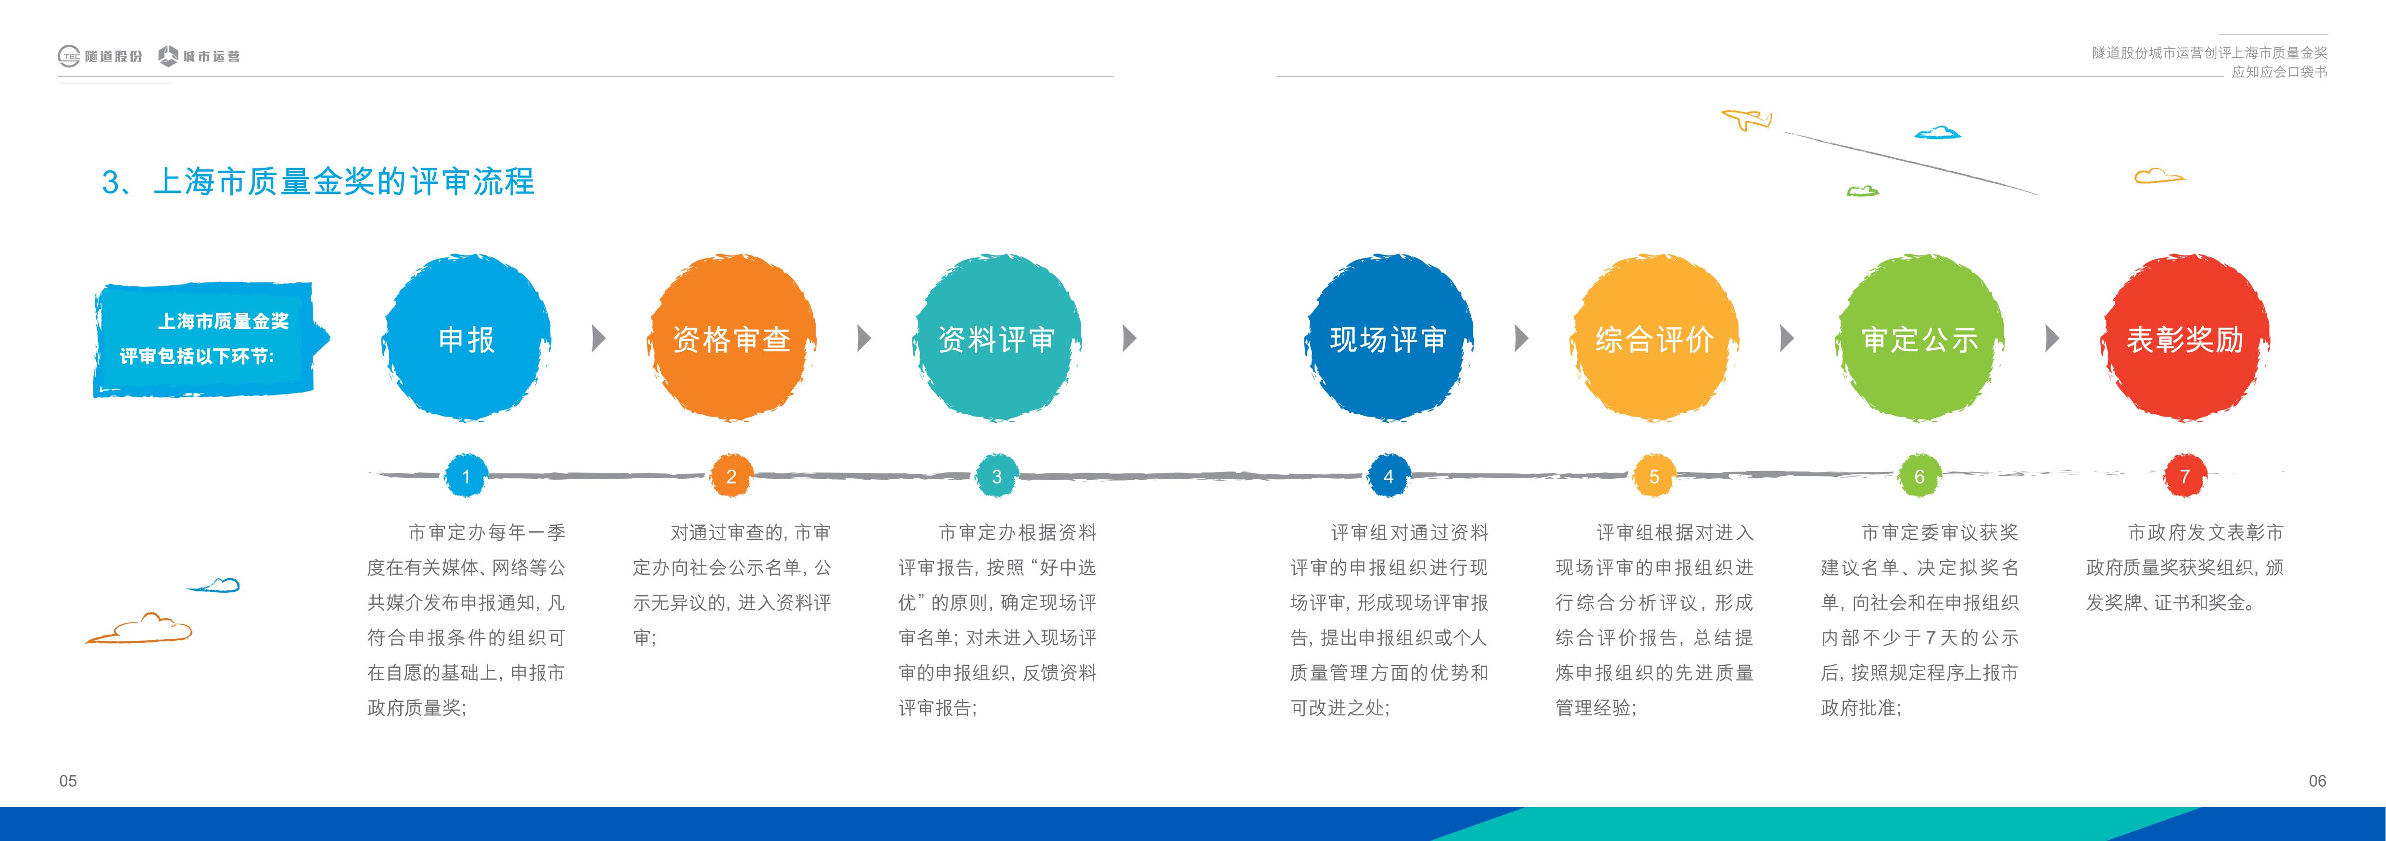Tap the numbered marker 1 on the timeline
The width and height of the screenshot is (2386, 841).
click(x=466, y=476)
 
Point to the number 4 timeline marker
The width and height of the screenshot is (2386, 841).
click(x=1389, y=476)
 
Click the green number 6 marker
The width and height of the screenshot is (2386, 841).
click(x=1919, y=476)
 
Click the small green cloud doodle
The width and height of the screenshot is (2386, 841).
click(x=1863, y=191)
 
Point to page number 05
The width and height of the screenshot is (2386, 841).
click(x=68, y=781)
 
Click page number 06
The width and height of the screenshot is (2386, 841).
click(x=2317, y=781)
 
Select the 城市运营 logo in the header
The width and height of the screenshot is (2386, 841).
click(x=199, y=56)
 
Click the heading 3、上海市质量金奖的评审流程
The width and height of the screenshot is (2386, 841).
click(x=318, y=181)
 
